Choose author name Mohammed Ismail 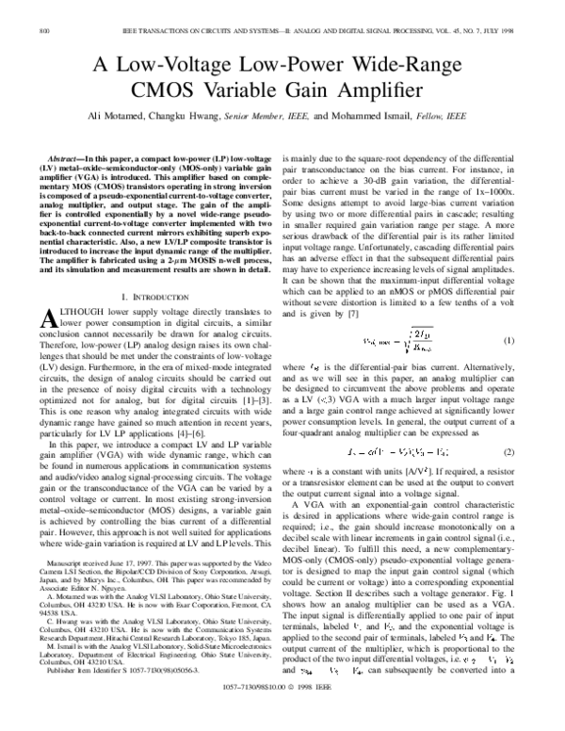pos(374,116)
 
